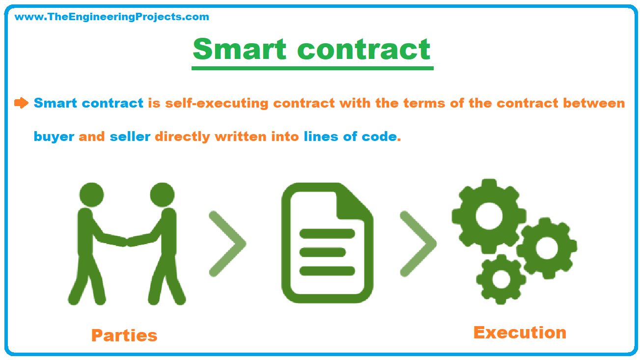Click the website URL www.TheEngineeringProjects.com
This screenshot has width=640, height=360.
click(x=111, y=17)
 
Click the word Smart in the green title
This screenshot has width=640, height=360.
click(x=239, y=49)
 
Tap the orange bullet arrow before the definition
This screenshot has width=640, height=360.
click(x=22, y=103)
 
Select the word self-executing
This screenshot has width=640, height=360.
click(x=217, y=104)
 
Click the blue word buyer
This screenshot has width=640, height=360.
click(x=54, y=137)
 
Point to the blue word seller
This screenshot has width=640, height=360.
click(x=130, y=136)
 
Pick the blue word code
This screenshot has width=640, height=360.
click(x=379, y=136)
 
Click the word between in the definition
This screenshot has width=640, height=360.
click(x=594, y=103)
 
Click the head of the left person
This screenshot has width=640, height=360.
click(x=91, y=195)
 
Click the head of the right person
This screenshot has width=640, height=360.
click(x=162, y=195)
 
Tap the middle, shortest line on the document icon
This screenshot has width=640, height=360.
click(x=323, y=252)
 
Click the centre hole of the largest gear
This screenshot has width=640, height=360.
click(x=489, y=216)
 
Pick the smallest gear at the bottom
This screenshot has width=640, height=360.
click(x=501, y=279)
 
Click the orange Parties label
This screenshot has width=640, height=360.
click(x=124, y=335)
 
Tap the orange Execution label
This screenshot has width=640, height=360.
click(x=520, y=332)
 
